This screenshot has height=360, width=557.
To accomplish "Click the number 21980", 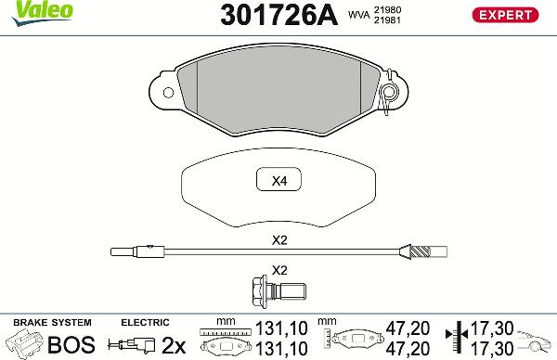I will (388, 9).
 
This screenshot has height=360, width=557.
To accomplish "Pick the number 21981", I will (388, 21).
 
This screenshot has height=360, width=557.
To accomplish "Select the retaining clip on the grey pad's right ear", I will (391, 93).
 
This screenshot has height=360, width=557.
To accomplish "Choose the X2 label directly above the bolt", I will (278, 271).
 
